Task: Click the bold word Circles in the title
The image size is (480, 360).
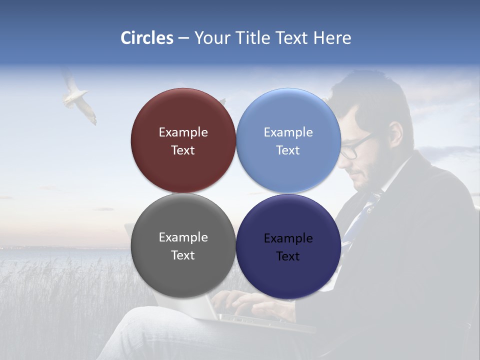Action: coord(147,38)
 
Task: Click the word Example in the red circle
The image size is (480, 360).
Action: coord(183,132)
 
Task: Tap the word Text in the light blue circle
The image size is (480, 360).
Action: coord(288,150)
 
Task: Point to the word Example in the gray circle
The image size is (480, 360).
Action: coord(183,237)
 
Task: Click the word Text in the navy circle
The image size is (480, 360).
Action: coord(288,256)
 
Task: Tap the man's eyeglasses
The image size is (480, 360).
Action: coord(356,148)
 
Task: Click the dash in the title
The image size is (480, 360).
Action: coord(183,38)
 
